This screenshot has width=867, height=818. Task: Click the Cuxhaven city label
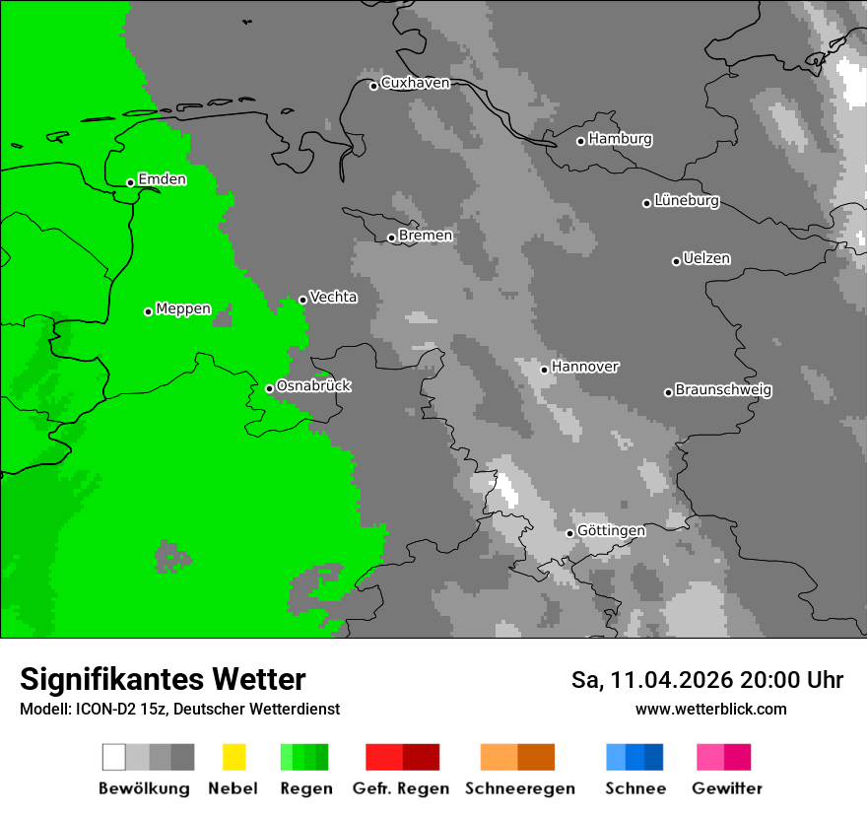415,84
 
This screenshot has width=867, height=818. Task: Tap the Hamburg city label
620,139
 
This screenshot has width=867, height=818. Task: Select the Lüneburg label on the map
686,201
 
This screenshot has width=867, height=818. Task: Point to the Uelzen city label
706,259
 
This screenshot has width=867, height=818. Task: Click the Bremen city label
426,236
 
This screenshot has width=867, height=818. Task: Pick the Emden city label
162,179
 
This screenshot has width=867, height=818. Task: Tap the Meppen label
183,309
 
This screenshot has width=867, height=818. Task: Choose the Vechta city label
333,298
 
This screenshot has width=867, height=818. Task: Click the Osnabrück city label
313,386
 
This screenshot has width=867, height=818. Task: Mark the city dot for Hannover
544,370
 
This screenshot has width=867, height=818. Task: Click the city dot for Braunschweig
668,392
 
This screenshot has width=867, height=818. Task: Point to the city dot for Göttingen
569,533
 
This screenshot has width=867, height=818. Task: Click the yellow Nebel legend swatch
233,757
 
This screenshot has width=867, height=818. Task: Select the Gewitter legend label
727,788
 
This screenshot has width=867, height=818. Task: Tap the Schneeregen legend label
519,788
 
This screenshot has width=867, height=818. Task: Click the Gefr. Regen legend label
401,788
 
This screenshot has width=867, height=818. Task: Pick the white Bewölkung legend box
114,757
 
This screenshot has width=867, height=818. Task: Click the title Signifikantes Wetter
163,680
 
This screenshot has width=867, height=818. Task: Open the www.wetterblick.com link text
710,709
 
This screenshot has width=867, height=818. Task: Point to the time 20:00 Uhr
795,680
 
